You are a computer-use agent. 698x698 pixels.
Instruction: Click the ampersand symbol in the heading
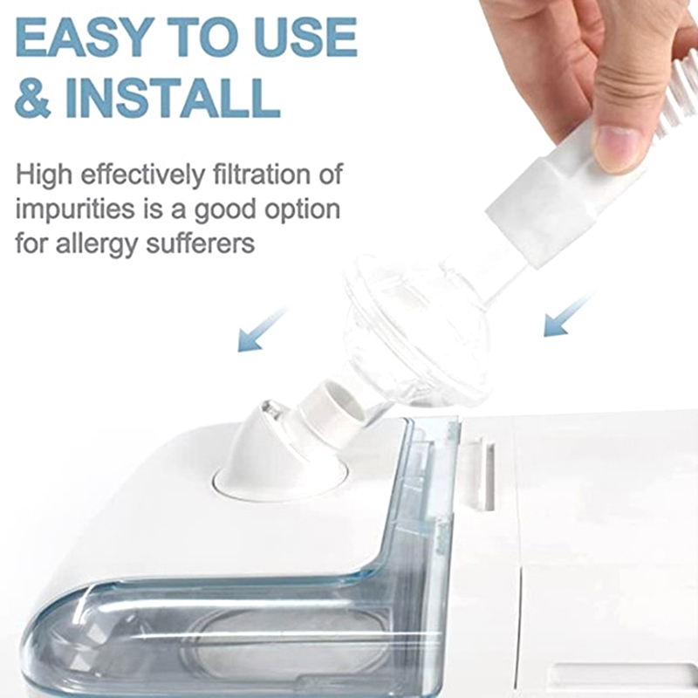[32, 98]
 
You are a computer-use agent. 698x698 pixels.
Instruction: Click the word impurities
[75, 209]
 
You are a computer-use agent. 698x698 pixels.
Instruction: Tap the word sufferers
[201, 243]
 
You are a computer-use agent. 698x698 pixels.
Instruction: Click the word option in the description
[303, 209]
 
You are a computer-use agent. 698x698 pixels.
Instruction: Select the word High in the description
[44, 174]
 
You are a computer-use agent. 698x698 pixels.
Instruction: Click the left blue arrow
[261, 330]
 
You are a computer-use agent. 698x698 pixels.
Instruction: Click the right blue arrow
[569, 315]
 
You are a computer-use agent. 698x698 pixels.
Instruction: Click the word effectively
[142, 174]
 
